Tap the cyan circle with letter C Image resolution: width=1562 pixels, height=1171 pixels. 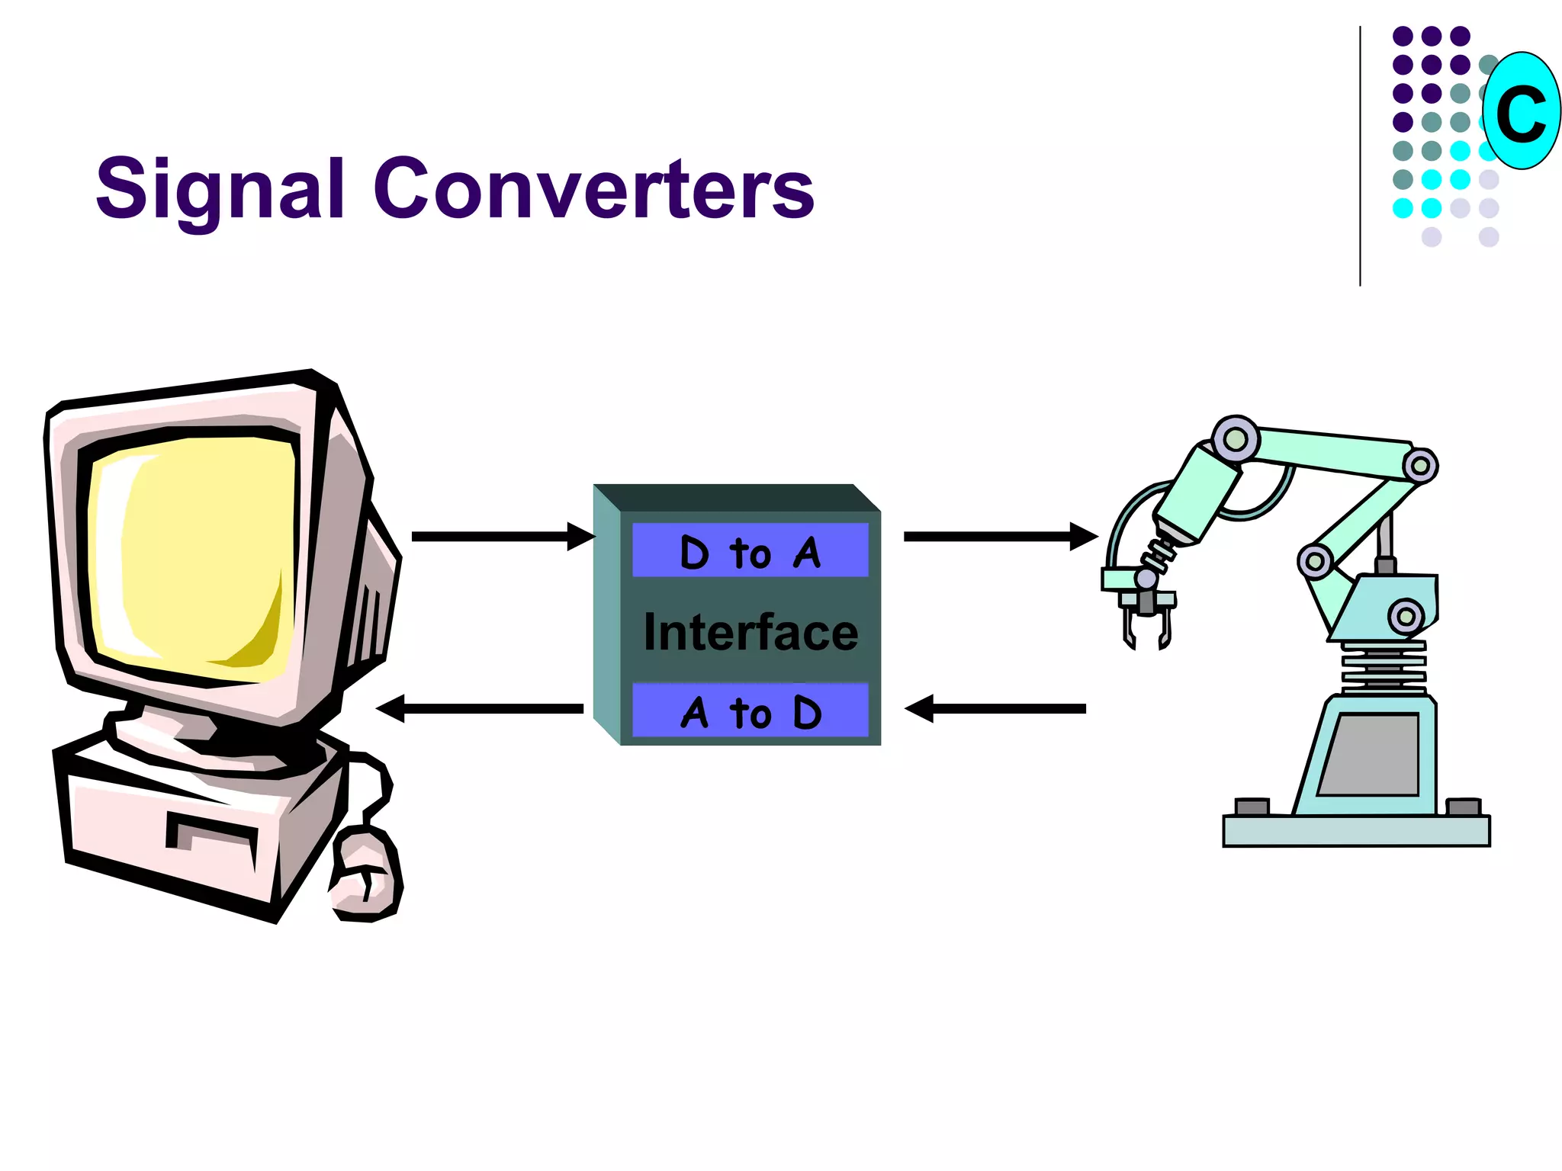[x=1521, y=111]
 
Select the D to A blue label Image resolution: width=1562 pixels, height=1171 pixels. [x=750, y=551]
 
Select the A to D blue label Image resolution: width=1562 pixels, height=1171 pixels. [x=750, y=711]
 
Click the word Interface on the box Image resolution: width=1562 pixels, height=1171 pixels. [x=750, y=633]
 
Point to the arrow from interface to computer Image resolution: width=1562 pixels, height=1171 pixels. [x=480, y=709]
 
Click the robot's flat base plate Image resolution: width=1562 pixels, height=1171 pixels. [x=1356, y=832]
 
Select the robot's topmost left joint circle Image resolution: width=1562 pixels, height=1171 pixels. [x=1235, y=440]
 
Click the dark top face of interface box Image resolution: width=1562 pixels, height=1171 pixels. [x=736, y=497]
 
